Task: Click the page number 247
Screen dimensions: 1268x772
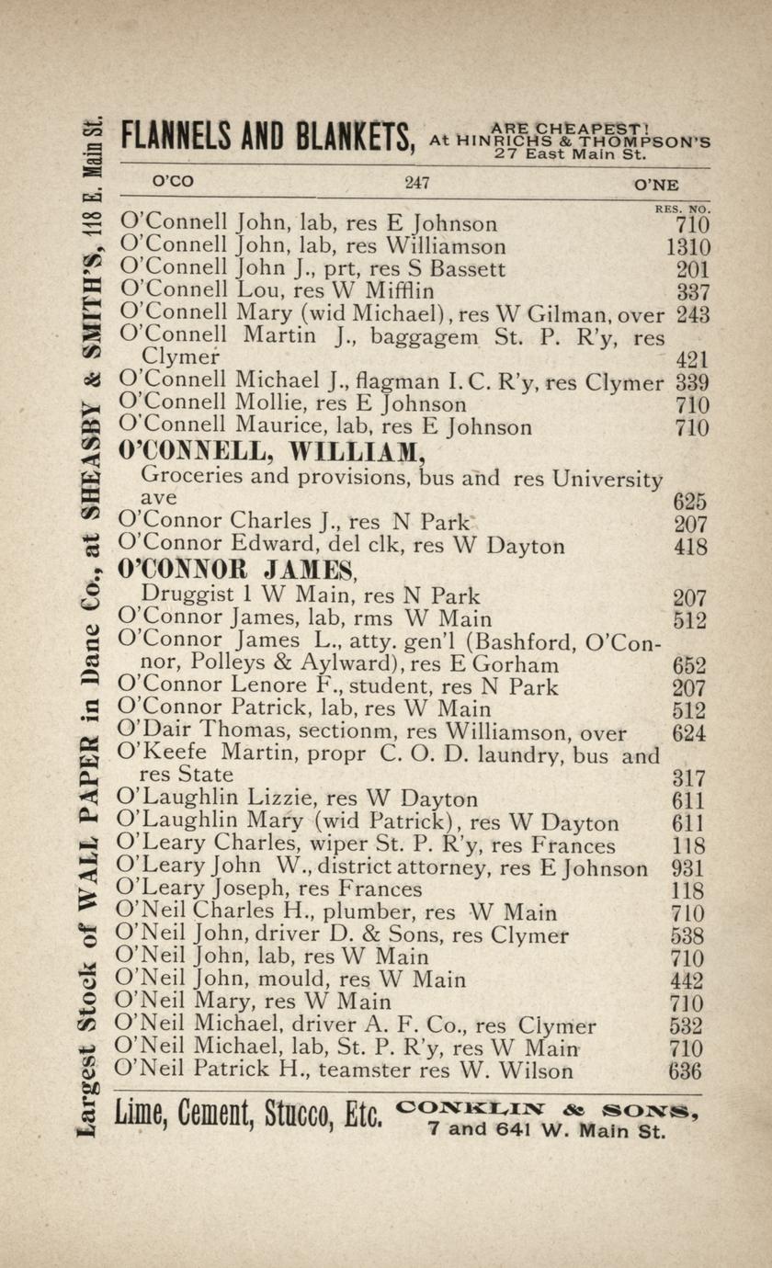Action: point(417,183)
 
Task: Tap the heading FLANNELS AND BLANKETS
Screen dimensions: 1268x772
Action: point(267,138)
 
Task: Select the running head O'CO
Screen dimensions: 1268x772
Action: point(174,182)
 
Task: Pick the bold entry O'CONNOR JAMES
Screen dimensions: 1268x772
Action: point(236,571)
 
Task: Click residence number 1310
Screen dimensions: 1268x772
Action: point(687,247)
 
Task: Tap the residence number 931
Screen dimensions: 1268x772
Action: point(688,868)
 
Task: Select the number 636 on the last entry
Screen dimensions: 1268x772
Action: point(687,1071)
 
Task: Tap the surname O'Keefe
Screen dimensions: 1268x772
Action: point(155,754)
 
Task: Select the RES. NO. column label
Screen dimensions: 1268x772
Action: point(683,209)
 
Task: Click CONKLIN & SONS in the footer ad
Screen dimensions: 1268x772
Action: point(548,1110)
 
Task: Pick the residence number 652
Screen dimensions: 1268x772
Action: point(688,665)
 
